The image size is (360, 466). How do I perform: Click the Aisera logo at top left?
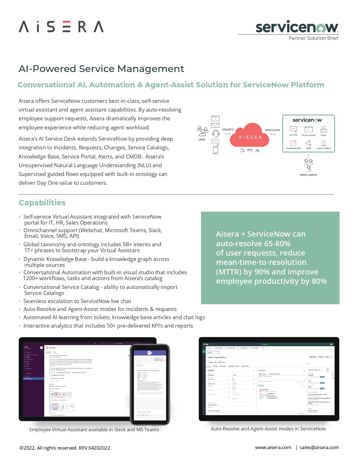(x=61, y=27)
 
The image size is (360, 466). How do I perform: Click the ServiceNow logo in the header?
(x=297, y=27)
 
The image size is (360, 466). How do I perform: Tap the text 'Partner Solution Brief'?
(x=313, y=38)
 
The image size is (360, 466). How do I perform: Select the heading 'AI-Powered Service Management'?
(x=101, y=69)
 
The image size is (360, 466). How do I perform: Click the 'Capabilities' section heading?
(x=42, y=202)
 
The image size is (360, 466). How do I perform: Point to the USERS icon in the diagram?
(x=202, y=131)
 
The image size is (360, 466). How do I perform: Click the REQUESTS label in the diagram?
(x=228, y=130)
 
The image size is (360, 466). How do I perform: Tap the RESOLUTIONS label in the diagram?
(x=272, y=130)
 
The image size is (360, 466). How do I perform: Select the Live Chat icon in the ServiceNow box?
(x=293, y=130)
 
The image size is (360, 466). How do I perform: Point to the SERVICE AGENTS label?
(x=308, y=175)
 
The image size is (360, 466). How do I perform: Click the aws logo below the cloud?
(x=250, y=150)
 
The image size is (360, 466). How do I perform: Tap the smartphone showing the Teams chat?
(x=150, y=384)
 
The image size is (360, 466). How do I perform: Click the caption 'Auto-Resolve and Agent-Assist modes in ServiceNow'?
(x=268, y=429)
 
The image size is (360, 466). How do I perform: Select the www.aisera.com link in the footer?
(x=273, y=447)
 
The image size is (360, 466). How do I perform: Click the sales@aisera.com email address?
(x=319, y=447)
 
